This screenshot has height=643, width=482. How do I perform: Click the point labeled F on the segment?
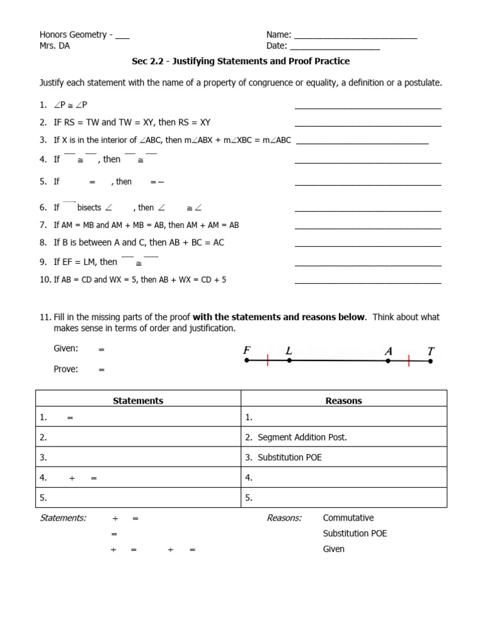[x=247, y=360]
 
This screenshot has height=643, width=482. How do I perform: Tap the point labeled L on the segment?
[x=289, y=360]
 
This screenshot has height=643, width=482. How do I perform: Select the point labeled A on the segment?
[x=388, y=360]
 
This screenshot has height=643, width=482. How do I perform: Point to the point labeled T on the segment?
[x=430, y=360]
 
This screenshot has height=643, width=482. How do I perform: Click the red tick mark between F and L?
[x=268, y=360]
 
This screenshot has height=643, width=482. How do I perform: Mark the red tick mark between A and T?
[x=409, y=360]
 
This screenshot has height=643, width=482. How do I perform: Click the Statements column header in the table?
[x=138, y=401]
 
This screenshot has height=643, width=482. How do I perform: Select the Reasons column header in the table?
[x=343, y=401]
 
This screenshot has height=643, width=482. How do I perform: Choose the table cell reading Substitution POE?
[x=289, y=457]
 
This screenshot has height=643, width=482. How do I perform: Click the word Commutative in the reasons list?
[x=348, y=518]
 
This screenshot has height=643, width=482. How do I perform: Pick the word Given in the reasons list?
[x=333, y=549]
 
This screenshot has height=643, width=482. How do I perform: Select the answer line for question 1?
[x=368, y=107]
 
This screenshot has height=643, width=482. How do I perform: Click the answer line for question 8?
[x=368, y=245]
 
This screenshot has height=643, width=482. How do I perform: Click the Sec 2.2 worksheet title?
[x=240, y=62]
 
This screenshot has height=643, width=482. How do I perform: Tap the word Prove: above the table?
[x=66, y=369]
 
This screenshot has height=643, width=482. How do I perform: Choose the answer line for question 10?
[x=368, y=283]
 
